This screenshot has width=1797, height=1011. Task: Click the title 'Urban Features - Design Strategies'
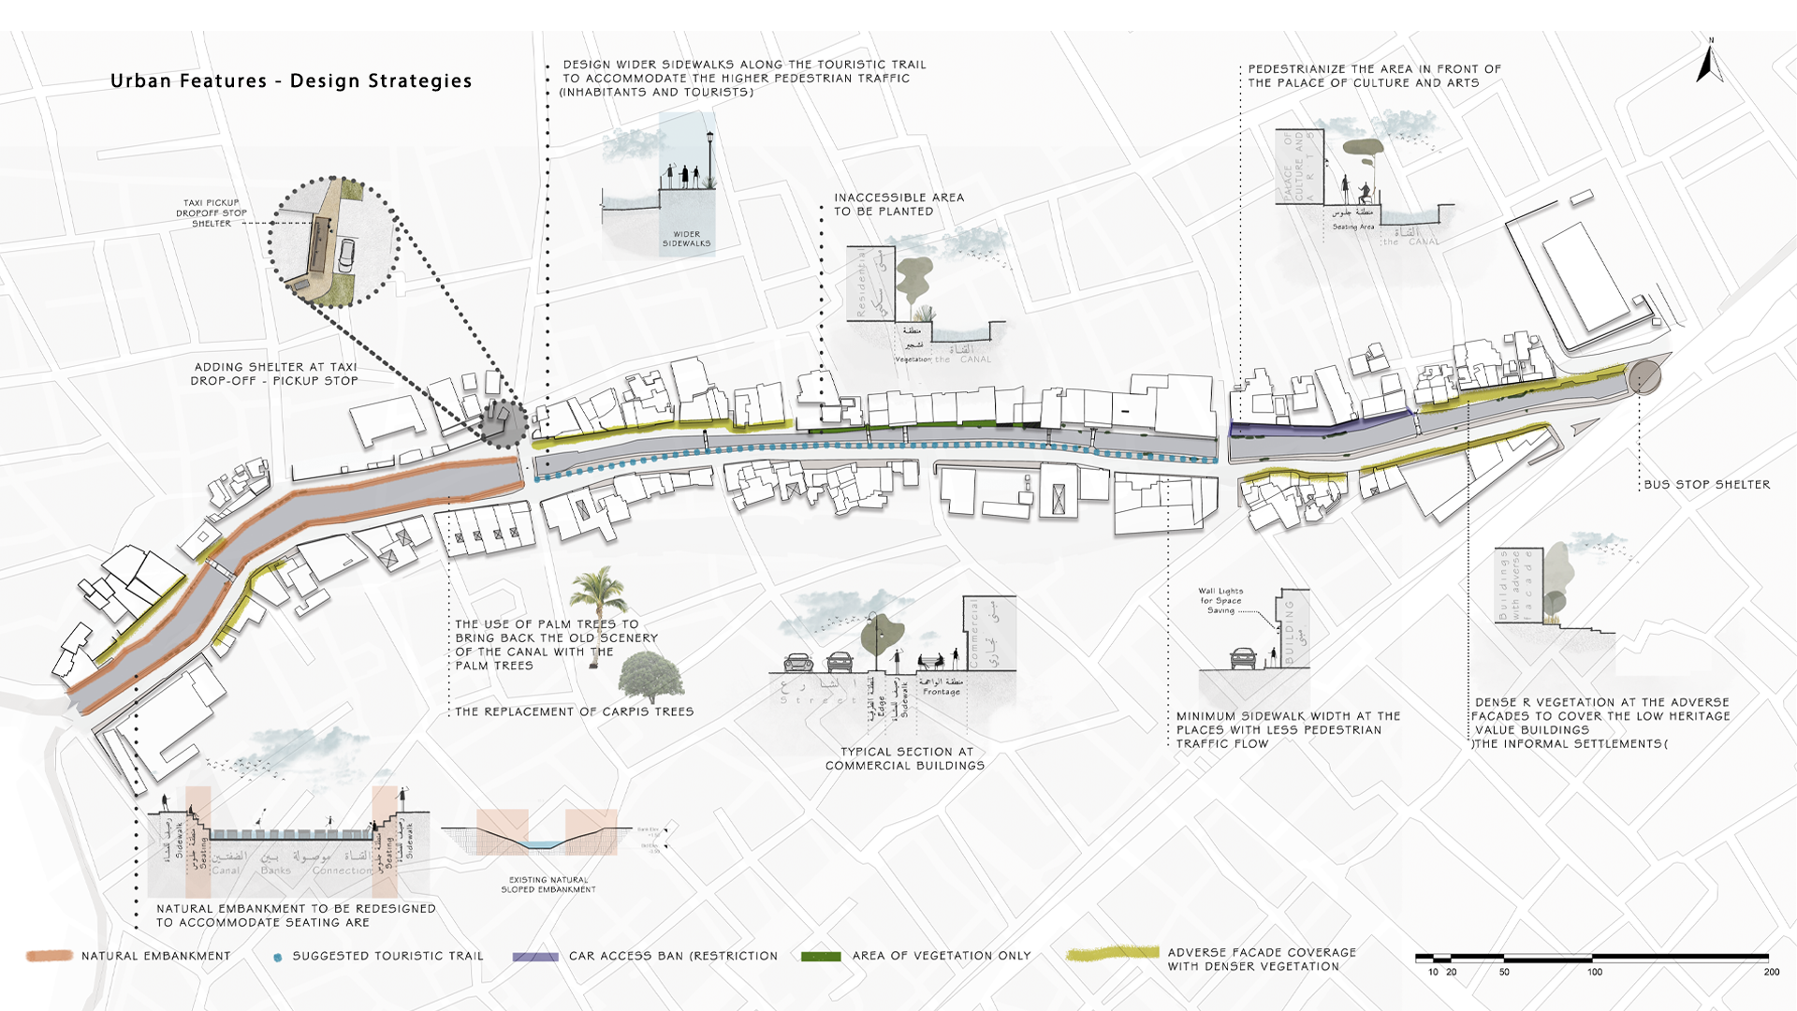[291, 81]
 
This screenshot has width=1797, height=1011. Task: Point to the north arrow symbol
[1709, 64]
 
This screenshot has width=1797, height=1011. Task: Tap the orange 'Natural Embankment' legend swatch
[50, 956]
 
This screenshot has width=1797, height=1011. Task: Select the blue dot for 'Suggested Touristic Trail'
[277, 958]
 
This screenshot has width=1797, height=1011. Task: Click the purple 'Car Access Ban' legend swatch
[535, 957]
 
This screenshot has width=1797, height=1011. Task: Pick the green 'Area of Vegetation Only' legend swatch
[821, 956]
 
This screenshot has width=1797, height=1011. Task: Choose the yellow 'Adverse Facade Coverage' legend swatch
[1112, 954]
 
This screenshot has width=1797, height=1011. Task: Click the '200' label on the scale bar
[1771, 973]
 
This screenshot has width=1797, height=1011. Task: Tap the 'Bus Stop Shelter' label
[1706, 485]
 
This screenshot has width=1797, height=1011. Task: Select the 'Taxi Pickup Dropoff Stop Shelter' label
[212, 213]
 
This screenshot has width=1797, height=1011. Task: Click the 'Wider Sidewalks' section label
[686, 239]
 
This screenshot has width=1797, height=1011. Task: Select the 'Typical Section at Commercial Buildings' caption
[904, 758]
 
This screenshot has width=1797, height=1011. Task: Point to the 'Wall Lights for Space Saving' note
[1220, 601]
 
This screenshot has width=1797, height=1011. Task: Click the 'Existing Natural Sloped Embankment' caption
[548, 885]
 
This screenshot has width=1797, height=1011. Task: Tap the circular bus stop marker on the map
[1644, 377]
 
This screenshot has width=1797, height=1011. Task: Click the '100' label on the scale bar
[1594, 973]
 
